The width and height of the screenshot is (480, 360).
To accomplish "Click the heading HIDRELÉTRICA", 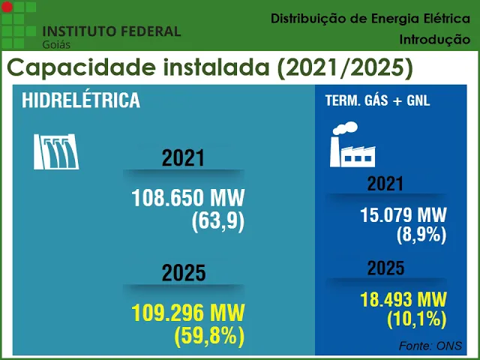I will (x=81, y=100).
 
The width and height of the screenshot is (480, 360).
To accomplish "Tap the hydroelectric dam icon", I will (x=57, y=151).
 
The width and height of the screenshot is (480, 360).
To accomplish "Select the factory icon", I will (x=352, y=145).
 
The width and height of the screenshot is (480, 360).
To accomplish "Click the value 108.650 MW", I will (x=188, y=199).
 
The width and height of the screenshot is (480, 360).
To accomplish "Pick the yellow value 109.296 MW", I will (x=188, y=311).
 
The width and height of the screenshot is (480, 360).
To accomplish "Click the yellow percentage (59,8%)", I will (x=209, y=337).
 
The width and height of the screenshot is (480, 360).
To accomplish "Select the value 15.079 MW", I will (x=403, y=214).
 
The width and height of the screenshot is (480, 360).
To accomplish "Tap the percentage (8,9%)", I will (x=421, y=235).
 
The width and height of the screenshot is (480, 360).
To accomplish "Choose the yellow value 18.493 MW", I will (x=403, y=299).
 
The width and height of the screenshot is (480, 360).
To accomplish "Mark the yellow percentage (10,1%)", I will (x=417, y=320).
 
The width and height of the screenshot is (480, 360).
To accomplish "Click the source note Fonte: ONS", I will (x=430, y=346).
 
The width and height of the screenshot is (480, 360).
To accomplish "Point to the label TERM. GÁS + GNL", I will (x=377, y=100).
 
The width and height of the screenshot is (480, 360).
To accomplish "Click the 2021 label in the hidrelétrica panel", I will (x=183, y=158).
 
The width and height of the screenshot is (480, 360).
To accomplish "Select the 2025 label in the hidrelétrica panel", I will (x=183, y=273).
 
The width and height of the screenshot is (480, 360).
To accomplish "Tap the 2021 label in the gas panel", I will (x=385, y=184).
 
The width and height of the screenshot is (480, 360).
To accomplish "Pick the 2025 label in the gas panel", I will (x=385, y=268).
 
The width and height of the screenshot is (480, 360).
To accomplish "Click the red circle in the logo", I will (x=7, y=7).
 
